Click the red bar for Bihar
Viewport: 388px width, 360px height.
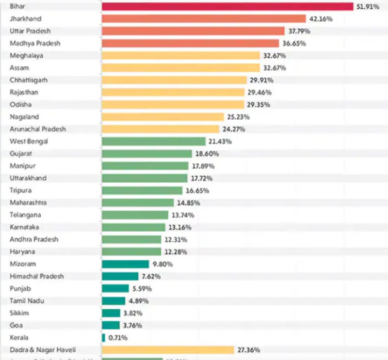[x=227, y=6]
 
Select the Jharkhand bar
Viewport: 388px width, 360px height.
[x=204, y=18]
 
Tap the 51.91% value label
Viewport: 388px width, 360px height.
[x=368, y=6]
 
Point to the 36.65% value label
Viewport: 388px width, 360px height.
[x=293, y=43]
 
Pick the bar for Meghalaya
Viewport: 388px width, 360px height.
[x=180, y=56]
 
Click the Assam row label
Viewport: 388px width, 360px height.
[x=19, y=68]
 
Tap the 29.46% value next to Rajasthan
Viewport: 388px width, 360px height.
[x=259, y=93]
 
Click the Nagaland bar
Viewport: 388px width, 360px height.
[x=162, y=117]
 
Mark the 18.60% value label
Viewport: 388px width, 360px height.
[x=206, y=154]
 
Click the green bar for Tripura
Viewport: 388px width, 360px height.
[x=142, y=190]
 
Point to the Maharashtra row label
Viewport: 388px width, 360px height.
[x=28, y=203]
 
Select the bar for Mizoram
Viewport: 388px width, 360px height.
[x=125, y=264]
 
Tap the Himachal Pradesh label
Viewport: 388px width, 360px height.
[x=37, y=276]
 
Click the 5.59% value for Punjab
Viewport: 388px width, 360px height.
[x=141, y=289]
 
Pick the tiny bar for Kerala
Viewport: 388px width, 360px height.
[x=103, y=338]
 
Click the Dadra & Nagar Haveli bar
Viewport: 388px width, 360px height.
[x=168, y=350]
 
